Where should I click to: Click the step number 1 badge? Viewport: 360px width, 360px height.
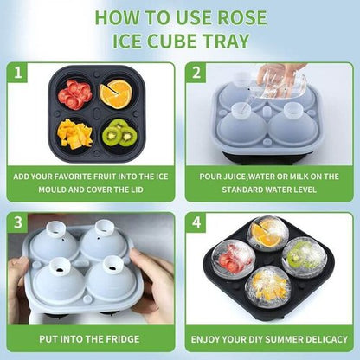coord(18,74)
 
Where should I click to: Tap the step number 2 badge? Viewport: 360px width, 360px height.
coord(196,74)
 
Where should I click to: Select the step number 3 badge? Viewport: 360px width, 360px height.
coord(18,223)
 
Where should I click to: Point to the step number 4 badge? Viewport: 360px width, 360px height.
coord(196,223)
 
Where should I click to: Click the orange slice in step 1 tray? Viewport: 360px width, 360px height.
coord(115,93)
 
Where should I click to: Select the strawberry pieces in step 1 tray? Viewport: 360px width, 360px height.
coord(74,93)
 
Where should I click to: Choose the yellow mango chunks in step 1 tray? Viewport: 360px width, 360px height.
coord(74,133)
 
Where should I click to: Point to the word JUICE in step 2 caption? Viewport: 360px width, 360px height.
coord(235,176)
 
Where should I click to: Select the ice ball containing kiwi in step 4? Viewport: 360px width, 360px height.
coord(298,254)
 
